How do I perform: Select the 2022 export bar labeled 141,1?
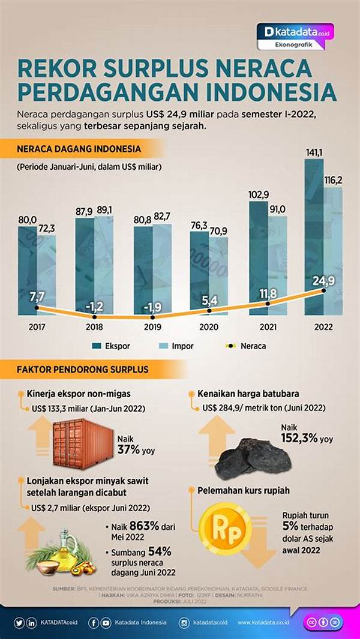coord(314,240)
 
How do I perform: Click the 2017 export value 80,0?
coord(27,220)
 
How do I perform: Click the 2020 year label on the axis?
coord(209,328)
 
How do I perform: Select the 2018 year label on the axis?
coord(95,328)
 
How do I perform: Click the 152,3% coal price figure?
coord(301,439)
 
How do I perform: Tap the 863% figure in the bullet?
coord(142,526)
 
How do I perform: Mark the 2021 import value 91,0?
coord(278,209)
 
